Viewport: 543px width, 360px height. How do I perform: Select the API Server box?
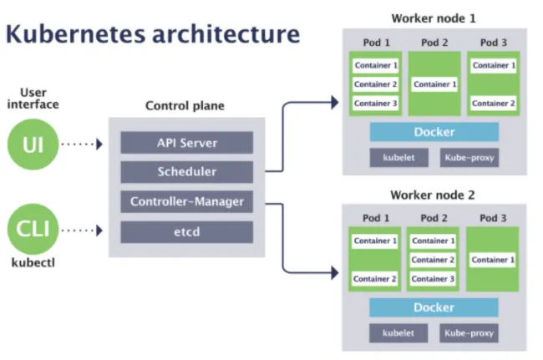[x=187, y=143]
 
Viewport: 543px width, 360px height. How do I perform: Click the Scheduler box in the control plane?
[x=187, y=172]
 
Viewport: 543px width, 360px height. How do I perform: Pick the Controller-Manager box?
[x=187, y=201]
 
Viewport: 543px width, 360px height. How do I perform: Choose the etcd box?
[x=187, y=231]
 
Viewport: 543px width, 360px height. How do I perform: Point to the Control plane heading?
[x=185, y=106]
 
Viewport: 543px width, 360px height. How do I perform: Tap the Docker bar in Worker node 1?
[x=434, y=132]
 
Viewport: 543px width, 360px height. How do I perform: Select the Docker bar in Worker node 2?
[x=434, y=307]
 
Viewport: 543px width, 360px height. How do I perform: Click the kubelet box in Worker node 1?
[x=393, y=157]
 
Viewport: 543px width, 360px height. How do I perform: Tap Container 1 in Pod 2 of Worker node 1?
[x=434, y=84]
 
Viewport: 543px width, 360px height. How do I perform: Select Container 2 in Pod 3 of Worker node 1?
[x=493, y=104]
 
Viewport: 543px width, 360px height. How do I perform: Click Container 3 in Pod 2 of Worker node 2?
[x=434, y=279]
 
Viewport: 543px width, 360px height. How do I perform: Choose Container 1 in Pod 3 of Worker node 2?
[x=493, y=260]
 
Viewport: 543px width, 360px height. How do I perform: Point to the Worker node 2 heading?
[x=433, y=195]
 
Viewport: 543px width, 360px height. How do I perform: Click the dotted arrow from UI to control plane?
[x=82, y=144]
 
